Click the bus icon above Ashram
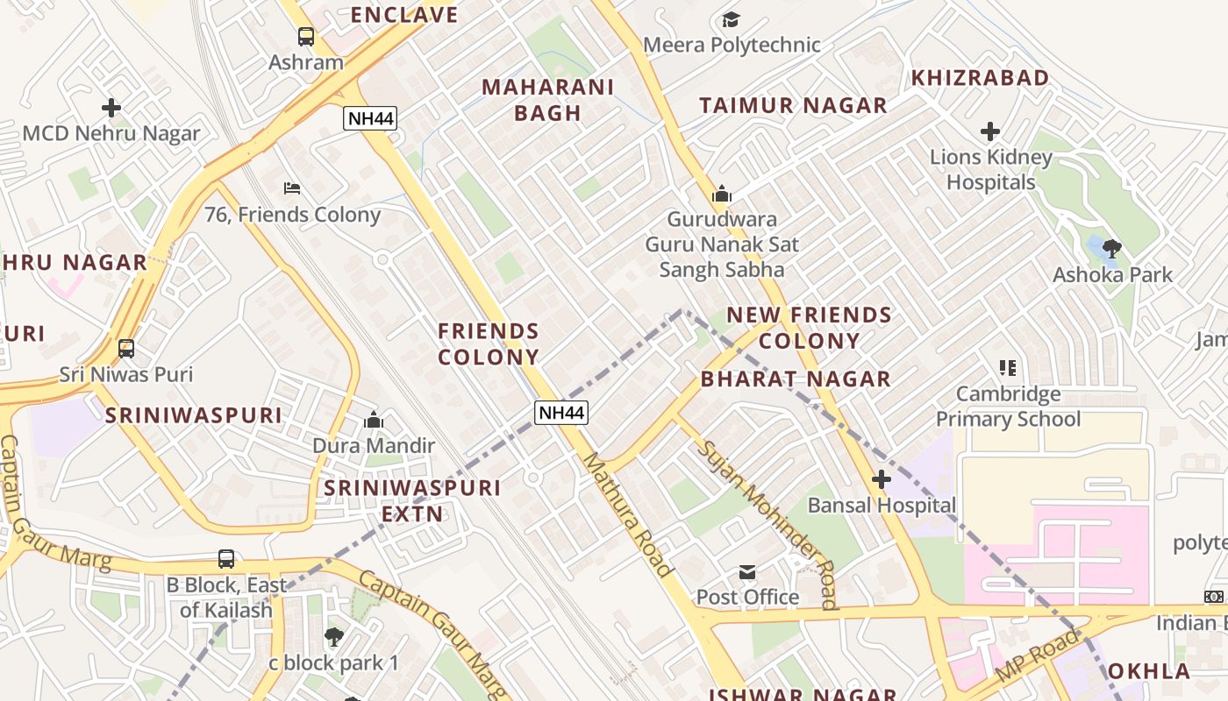305,37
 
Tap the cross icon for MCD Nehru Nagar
111,108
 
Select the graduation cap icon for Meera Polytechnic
731,19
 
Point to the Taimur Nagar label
793,106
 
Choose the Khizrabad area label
980,78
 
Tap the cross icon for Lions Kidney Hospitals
990,131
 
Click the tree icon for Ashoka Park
1112,249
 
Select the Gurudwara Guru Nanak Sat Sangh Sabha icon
722,194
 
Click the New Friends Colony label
809,328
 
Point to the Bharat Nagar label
796,379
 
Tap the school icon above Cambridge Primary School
1008,368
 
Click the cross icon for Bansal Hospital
882,479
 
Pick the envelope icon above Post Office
747,572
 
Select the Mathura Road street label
628,514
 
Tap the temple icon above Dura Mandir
374,421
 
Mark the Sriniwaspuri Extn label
412,500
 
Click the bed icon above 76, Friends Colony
292,188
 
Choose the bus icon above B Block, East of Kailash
226,559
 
